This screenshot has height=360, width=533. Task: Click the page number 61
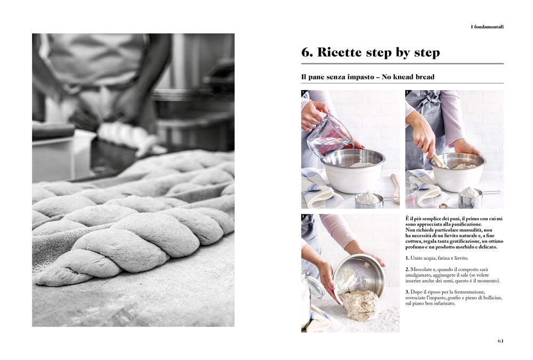500,341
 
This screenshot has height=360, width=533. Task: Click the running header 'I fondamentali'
487,27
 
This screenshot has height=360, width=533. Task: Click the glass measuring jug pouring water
330,135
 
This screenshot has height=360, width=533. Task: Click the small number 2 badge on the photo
407,93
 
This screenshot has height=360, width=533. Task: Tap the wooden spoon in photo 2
440,160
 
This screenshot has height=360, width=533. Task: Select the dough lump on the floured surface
359,305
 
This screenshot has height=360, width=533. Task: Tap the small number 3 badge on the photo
303,217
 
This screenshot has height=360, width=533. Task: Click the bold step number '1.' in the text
407,258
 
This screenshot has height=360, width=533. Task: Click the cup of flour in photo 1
367,198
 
